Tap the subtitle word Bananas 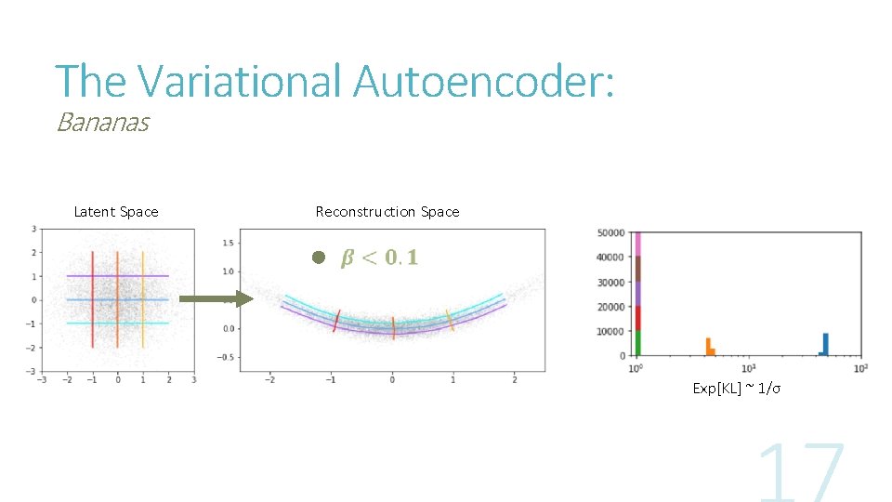click(x=102, y=122)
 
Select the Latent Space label click(x=116, y=212)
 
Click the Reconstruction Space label click(x=387, y=212)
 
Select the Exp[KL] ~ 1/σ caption click(x=737, y=388)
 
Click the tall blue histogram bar click(x=825, y=344)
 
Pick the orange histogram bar click(x=708, y=347)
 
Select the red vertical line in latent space click(x=93, y=299)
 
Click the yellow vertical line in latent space click(x=143, y=299)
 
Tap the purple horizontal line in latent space click(x=118, y=276)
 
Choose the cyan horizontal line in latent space click(x=118, y=324)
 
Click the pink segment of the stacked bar click(x=637, y=244)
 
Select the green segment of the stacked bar click(x=637, y=343)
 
